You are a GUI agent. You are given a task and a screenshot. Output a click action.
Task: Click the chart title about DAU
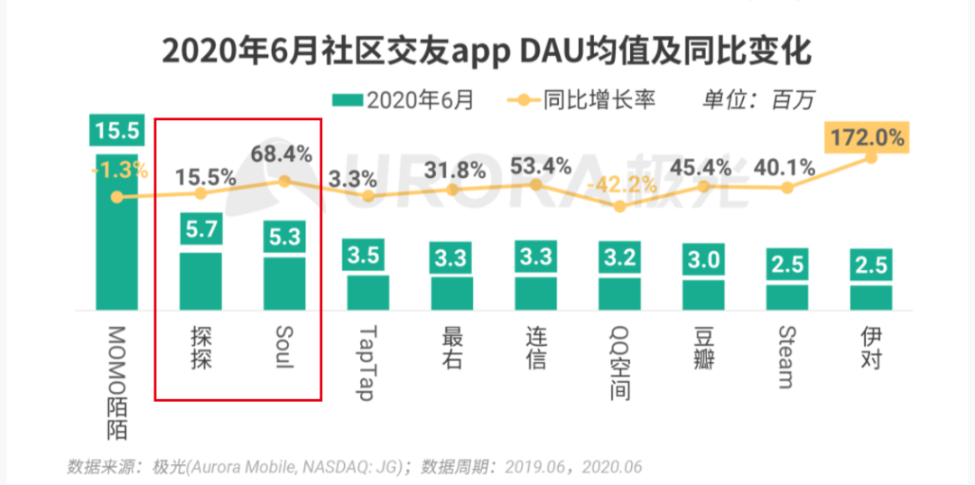[487, 52]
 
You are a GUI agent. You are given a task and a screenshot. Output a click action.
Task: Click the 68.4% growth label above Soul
[283, 154]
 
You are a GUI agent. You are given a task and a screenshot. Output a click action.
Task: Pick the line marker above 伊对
[871, 158]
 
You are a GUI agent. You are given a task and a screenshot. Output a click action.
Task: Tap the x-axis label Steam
[786, 357]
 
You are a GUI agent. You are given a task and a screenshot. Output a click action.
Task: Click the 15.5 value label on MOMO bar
[116, 130]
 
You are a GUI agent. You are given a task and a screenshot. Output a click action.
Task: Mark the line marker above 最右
[452, 190]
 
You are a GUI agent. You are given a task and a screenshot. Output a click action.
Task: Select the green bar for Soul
[283, 284]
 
